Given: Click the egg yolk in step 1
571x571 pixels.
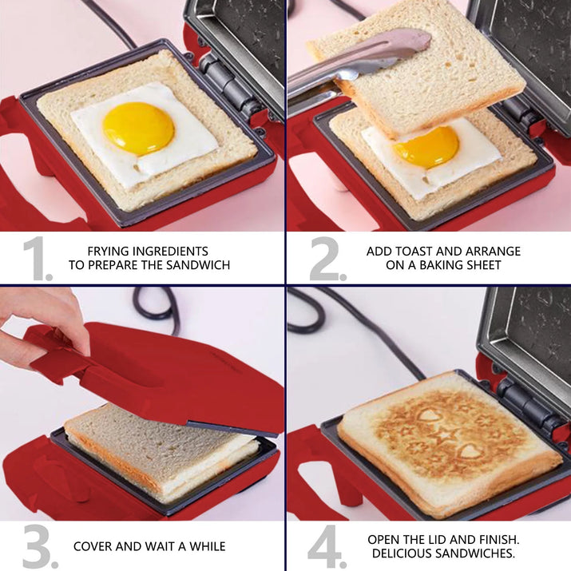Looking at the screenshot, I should tap(138, 128).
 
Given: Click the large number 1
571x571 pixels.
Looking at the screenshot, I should tap(36, 259).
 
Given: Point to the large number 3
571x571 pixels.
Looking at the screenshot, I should tap(38, 546).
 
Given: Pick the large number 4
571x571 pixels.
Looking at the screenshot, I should tap(326, 546).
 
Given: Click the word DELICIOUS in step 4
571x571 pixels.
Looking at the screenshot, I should tap(402, 553).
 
